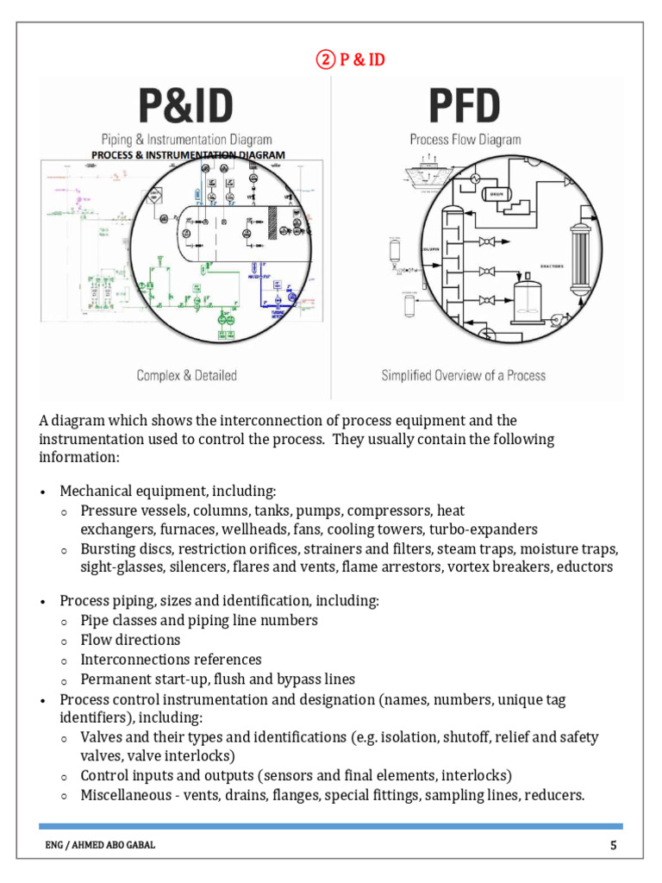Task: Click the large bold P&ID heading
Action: (186, 106)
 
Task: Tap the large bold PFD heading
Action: (465, 106)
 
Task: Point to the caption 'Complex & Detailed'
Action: (186, 375)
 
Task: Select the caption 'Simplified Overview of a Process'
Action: (464, 375)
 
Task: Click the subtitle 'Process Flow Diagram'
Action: (465, 139)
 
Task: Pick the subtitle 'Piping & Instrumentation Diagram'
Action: (186, 139)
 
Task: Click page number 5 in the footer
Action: (613, 845)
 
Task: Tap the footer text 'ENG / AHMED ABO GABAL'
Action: (101, 845)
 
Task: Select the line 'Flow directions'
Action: (130, 640)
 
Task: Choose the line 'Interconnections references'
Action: (171, 660)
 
